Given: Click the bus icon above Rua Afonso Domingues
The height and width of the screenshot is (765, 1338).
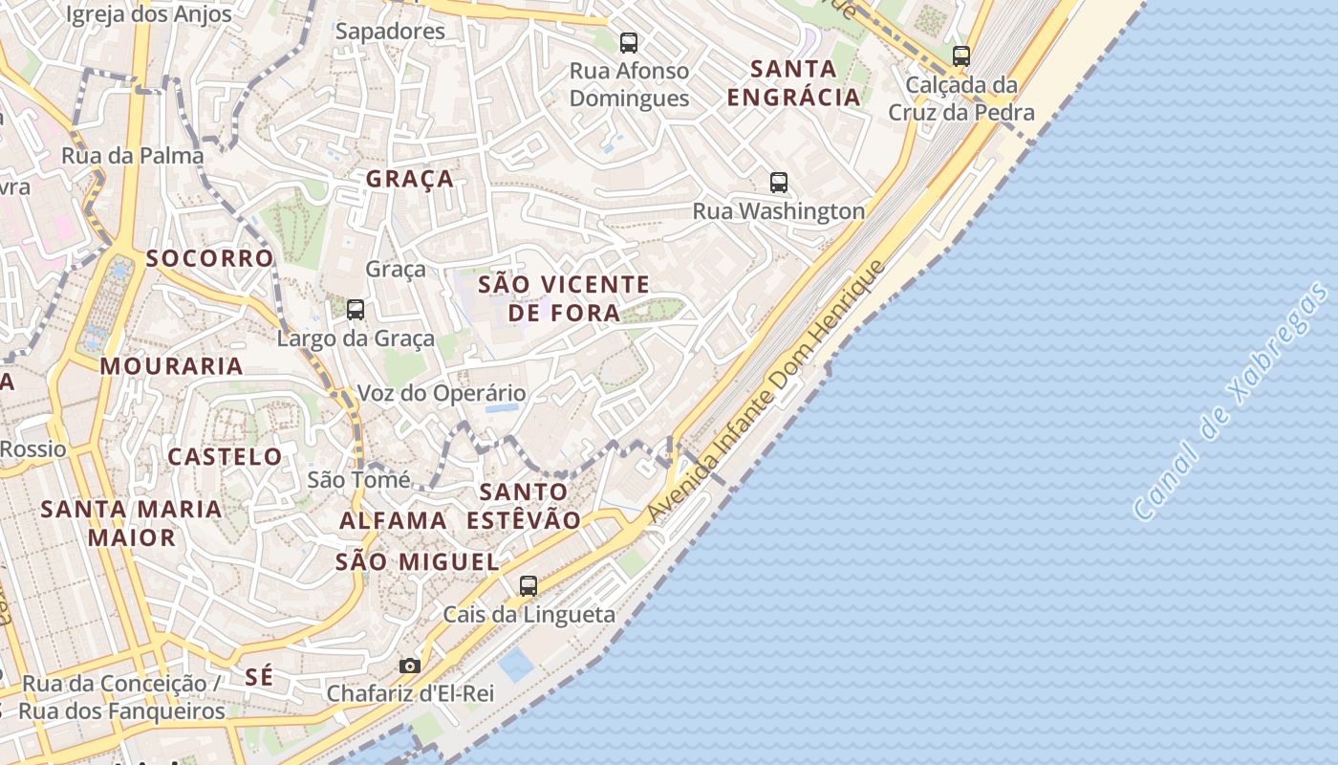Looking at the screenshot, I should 629,42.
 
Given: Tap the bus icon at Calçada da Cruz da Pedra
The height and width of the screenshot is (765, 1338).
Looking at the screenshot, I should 961,56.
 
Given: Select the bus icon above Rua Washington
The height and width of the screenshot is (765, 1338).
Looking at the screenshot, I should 779,182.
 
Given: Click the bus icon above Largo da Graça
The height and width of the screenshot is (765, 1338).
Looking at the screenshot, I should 356,309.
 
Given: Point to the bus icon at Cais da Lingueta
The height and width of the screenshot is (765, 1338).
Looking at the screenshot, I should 529,585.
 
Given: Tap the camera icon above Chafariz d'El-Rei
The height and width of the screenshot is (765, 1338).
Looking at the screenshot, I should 410,665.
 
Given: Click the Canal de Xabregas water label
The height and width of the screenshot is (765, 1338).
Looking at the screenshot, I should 1230,402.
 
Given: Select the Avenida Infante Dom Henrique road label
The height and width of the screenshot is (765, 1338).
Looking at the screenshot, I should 767,391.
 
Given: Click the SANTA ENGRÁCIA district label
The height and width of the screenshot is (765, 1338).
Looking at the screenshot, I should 793,83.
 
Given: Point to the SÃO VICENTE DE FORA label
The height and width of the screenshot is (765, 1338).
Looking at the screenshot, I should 564,298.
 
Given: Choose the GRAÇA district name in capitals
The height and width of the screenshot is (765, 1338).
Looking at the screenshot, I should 410,179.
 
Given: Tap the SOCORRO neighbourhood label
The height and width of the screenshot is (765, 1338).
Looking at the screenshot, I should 210,258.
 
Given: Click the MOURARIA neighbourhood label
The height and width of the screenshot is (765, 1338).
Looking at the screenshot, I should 172,365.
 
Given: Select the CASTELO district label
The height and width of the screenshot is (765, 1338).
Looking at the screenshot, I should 226,456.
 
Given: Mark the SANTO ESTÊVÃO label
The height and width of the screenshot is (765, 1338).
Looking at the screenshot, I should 524,506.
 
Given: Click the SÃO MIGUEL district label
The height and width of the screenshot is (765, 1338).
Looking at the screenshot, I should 418,562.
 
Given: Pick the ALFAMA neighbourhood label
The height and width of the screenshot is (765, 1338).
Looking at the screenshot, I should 394,520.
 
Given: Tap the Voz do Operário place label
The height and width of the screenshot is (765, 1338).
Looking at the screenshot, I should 442,393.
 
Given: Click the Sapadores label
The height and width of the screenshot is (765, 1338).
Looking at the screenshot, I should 390,31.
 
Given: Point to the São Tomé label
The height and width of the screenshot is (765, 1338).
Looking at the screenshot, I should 358,480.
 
